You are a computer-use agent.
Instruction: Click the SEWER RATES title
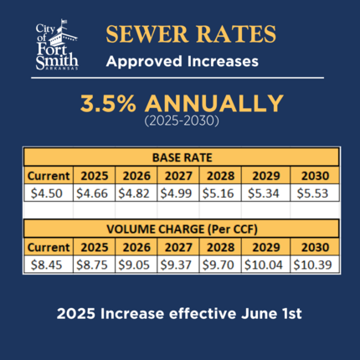190,35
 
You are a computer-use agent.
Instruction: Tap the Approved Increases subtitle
182,62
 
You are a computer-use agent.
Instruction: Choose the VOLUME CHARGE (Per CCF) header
182,229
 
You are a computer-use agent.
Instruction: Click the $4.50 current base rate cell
47,193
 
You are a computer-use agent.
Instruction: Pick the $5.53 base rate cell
315,193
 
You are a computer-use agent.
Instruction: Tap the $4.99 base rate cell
178,193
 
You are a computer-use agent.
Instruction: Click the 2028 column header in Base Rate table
221,176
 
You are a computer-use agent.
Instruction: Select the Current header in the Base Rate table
47,176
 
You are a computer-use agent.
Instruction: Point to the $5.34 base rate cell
265,193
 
